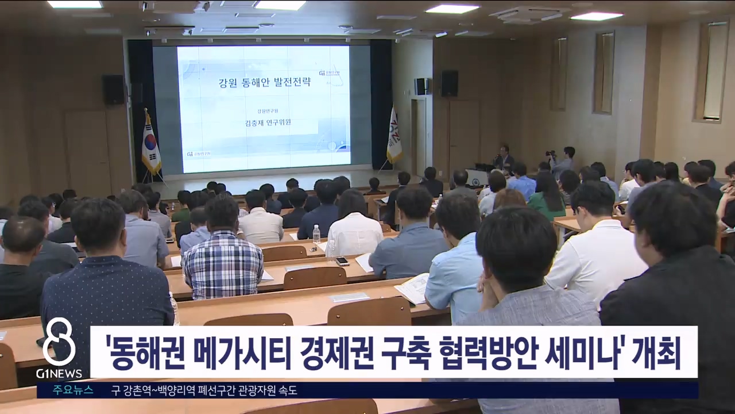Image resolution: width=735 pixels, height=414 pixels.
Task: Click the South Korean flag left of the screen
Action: point(151,144)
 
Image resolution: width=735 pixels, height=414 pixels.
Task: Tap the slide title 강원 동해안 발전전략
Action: point(265,82)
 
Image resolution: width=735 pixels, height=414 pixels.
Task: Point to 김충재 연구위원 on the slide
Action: point(265,122)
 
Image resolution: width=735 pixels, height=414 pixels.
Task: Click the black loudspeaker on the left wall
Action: point(113,89)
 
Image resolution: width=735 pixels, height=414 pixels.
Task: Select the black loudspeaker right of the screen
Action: point(449,83)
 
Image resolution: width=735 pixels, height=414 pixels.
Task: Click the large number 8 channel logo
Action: point(59,342)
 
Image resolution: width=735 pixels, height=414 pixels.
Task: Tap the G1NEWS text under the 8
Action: point(59,374)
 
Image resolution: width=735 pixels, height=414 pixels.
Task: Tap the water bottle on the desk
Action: point(316,233)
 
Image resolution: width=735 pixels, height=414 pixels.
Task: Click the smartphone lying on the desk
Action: point(342,260)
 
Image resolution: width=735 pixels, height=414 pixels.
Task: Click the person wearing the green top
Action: point(546,198)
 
